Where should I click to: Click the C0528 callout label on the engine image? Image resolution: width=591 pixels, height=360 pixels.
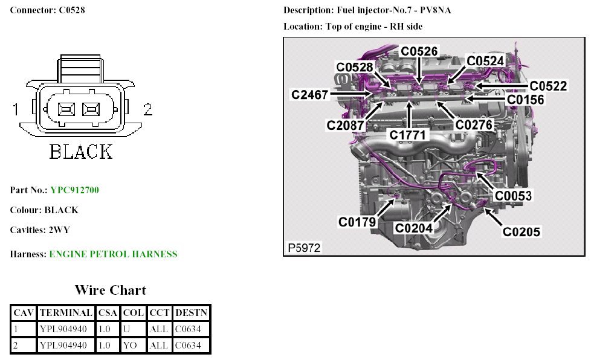point(355,67)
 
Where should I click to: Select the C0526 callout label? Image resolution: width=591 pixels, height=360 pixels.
point(419,51)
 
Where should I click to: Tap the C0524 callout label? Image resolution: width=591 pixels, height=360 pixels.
point(485,61)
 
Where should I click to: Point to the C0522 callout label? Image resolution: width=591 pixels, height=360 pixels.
point(549,86)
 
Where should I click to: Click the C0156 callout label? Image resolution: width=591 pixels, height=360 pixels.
point(525,100)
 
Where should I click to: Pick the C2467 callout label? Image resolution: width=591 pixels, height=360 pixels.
point(309,95)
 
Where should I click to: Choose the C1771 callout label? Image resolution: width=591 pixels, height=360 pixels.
point(408,135)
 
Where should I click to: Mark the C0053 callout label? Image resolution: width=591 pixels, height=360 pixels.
point(514,196)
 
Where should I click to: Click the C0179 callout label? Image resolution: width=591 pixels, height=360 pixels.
point(357,222)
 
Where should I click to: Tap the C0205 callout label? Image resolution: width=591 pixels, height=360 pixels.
point(522,231)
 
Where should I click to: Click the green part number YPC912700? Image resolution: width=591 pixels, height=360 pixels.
point(74,190)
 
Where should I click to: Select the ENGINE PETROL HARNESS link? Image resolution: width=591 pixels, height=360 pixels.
point(113,254)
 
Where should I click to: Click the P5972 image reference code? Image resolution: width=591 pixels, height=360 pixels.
point(304,248)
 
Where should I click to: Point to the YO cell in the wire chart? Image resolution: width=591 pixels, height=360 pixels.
point(130,346)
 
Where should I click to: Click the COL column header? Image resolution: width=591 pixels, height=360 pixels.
point(133,313)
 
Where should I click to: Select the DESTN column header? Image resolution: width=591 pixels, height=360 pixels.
point(191,313)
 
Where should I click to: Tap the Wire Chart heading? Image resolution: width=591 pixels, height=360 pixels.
point(111,290)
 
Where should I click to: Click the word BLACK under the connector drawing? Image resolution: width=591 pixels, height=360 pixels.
point(81,151)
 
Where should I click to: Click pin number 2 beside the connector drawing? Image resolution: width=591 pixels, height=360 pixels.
point(147,109)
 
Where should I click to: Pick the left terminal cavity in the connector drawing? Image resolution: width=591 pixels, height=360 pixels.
point(65,109)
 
